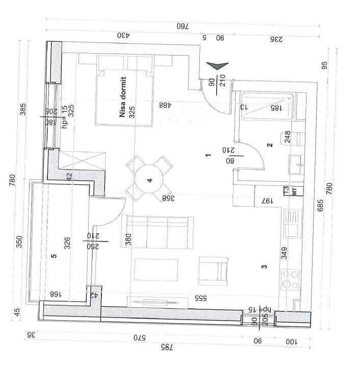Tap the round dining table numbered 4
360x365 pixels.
pos(149,180)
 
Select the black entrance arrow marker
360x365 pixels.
pos(217,66)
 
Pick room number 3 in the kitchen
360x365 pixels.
pos(264,266)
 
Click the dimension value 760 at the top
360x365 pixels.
pos(183,26)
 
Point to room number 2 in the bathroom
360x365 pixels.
pos(270,145)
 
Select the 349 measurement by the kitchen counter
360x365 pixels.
pos(284,253)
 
